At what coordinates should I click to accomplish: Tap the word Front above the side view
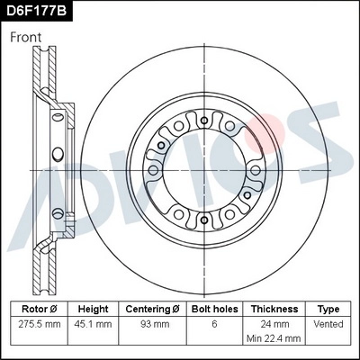click(x=28, y=38)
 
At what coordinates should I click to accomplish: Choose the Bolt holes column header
click(x=212, y=308)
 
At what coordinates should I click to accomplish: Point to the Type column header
click(x=328, y=308)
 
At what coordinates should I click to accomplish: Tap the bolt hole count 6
click(x=212, y=322)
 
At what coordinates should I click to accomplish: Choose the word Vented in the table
click(x=328, y=322)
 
